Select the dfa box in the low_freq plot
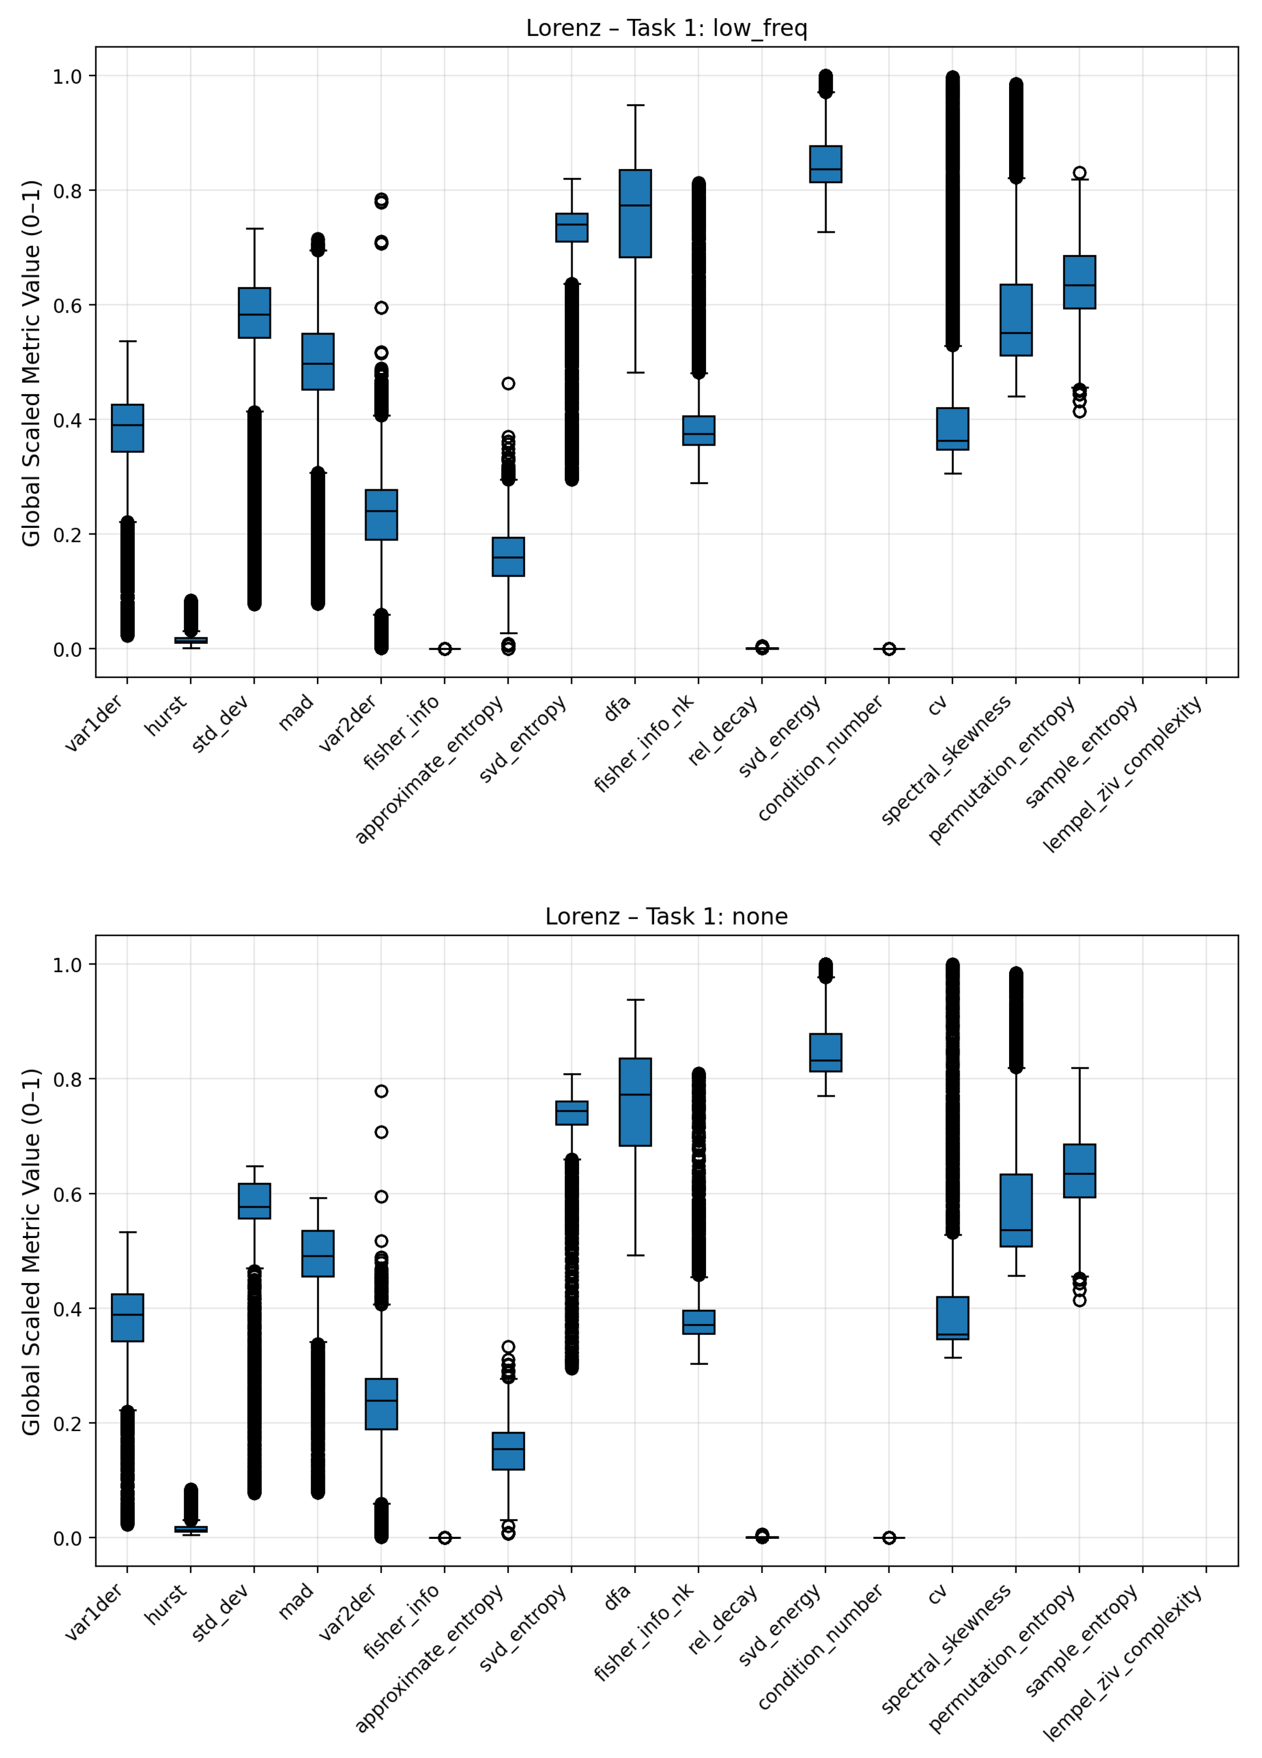coord(635,213)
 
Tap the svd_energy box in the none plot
coord(826,1053)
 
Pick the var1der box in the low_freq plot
coord(127,428)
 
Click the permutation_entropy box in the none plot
coord(1079,1171)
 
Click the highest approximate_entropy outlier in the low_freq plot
coord(508,384)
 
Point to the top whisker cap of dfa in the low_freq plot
coord(635,105)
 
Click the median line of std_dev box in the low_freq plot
coord(254,315)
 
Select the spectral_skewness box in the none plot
coord(1015,1210)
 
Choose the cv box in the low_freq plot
coord(952,429)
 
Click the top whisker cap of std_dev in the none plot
coord(254,1166)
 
